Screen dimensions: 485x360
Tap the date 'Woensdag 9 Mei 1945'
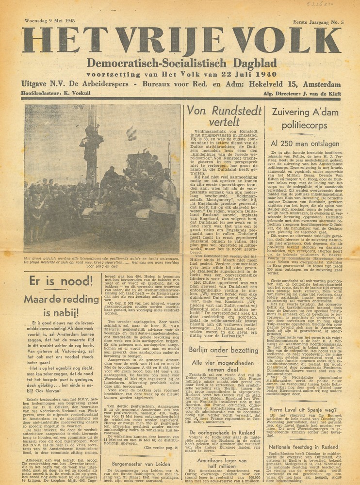pos(48,21)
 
